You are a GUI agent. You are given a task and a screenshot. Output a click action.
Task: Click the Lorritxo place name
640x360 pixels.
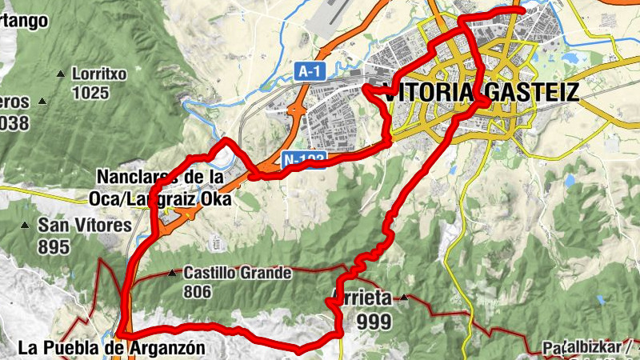(99, 74)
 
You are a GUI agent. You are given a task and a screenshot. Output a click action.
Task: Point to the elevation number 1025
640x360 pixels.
(90, 92)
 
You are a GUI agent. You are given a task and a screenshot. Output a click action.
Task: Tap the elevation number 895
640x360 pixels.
(54, 246)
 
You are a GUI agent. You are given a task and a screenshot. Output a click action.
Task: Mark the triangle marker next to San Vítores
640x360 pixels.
(26, 225)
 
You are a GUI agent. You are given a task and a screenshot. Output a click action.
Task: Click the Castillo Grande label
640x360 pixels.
(238, 273)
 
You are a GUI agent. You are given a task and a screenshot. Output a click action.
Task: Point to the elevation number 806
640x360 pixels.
(197, 292)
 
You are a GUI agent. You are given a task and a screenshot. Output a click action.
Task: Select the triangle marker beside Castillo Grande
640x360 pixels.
(172, 273)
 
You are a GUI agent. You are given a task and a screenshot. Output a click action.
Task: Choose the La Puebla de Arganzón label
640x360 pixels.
(111, 348)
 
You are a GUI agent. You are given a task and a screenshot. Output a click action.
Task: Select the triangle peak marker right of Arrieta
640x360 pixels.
(405, 298)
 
